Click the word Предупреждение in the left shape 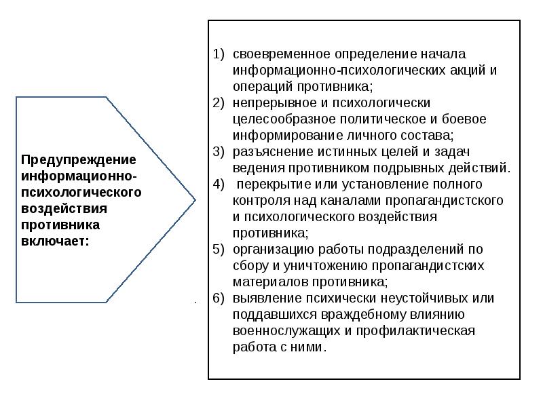79,160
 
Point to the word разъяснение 267,151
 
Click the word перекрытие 271,184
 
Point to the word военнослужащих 282,331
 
